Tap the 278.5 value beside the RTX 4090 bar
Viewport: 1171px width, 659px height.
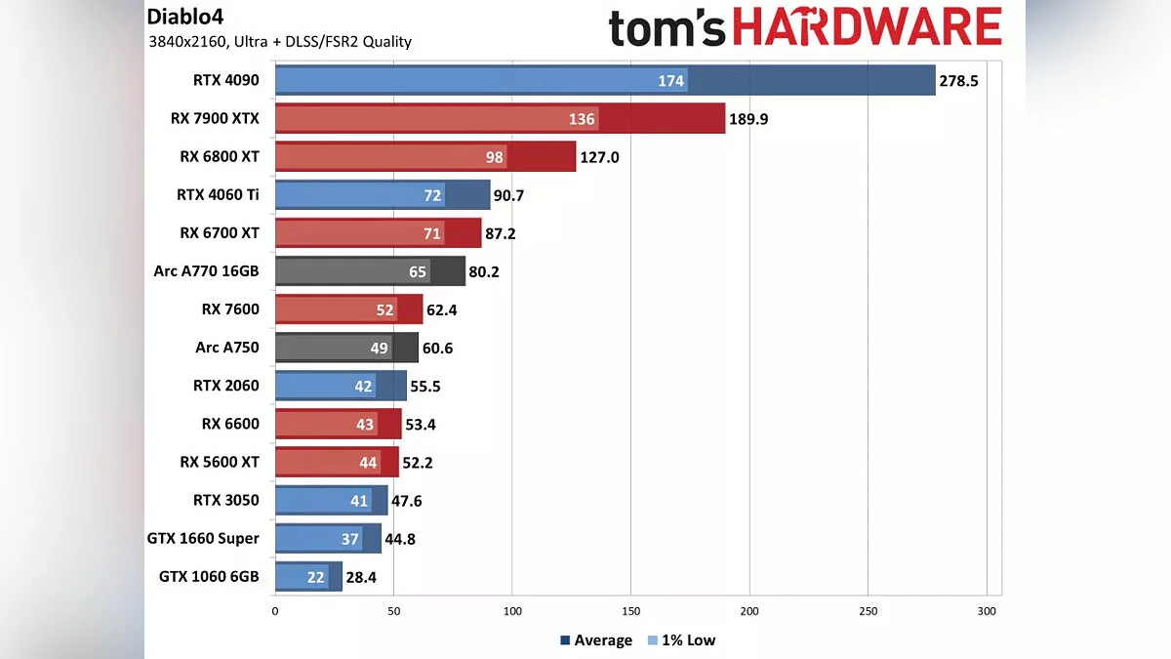[958, 81]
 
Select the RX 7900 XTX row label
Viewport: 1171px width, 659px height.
[215, 119]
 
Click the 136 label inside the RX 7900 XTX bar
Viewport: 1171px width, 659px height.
[582, 120]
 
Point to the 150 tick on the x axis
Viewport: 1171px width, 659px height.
[630, 611]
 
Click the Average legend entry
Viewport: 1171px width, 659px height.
[596, 640]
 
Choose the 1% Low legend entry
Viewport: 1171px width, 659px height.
[686, 640]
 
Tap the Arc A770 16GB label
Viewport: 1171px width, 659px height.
[207, 271]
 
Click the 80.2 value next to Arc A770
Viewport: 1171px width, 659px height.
[484, 271]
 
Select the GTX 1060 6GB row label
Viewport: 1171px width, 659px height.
[209, 577]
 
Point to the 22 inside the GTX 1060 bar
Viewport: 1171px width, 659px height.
[315, 577]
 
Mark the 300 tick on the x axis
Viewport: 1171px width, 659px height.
[987, 611]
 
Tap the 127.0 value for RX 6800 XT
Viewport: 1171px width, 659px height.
[600, 157]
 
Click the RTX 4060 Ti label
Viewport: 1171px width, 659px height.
[218, 195]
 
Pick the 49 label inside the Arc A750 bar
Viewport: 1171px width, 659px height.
[379, 348]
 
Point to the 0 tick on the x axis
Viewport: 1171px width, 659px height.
[275, 611]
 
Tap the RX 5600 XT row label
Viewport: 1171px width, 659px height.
[220, 462]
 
